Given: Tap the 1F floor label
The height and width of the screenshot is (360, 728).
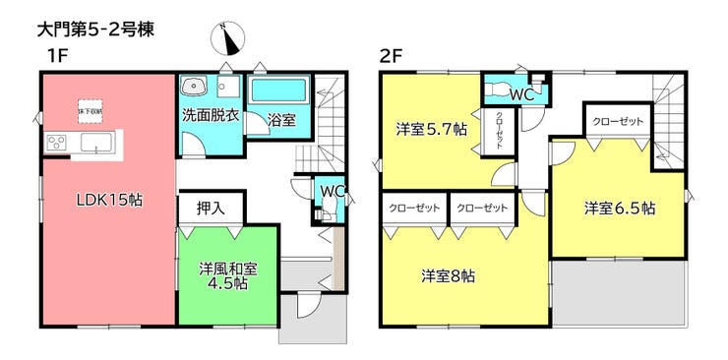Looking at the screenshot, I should [56, 57].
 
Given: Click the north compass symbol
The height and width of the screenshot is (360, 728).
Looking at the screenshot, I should [227, 39].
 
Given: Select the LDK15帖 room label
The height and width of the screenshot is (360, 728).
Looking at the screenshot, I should [110, 200].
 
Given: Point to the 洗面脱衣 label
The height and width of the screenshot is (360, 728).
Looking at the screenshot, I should [210, 114].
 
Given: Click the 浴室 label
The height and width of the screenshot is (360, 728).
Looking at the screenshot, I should [282, 120].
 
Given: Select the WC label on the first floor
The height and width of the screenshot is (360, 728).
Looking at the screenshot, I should [331, 190].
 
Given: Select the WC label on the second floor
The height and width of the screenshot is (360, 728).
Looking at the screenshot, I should [521, 95].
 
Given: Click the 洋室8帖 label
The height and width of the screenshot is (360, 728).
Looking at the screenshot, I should [449, 276].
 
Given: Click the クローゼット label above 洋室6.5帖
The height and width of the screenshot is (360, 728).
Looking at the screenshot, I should [618, 121].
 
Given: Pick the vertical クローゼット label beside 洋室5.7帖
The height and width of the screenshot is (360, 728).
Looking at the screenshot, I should [500, 130].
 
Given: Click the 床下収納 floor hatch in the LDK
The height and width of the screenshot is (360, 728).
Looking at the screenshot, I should [91, 110].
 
